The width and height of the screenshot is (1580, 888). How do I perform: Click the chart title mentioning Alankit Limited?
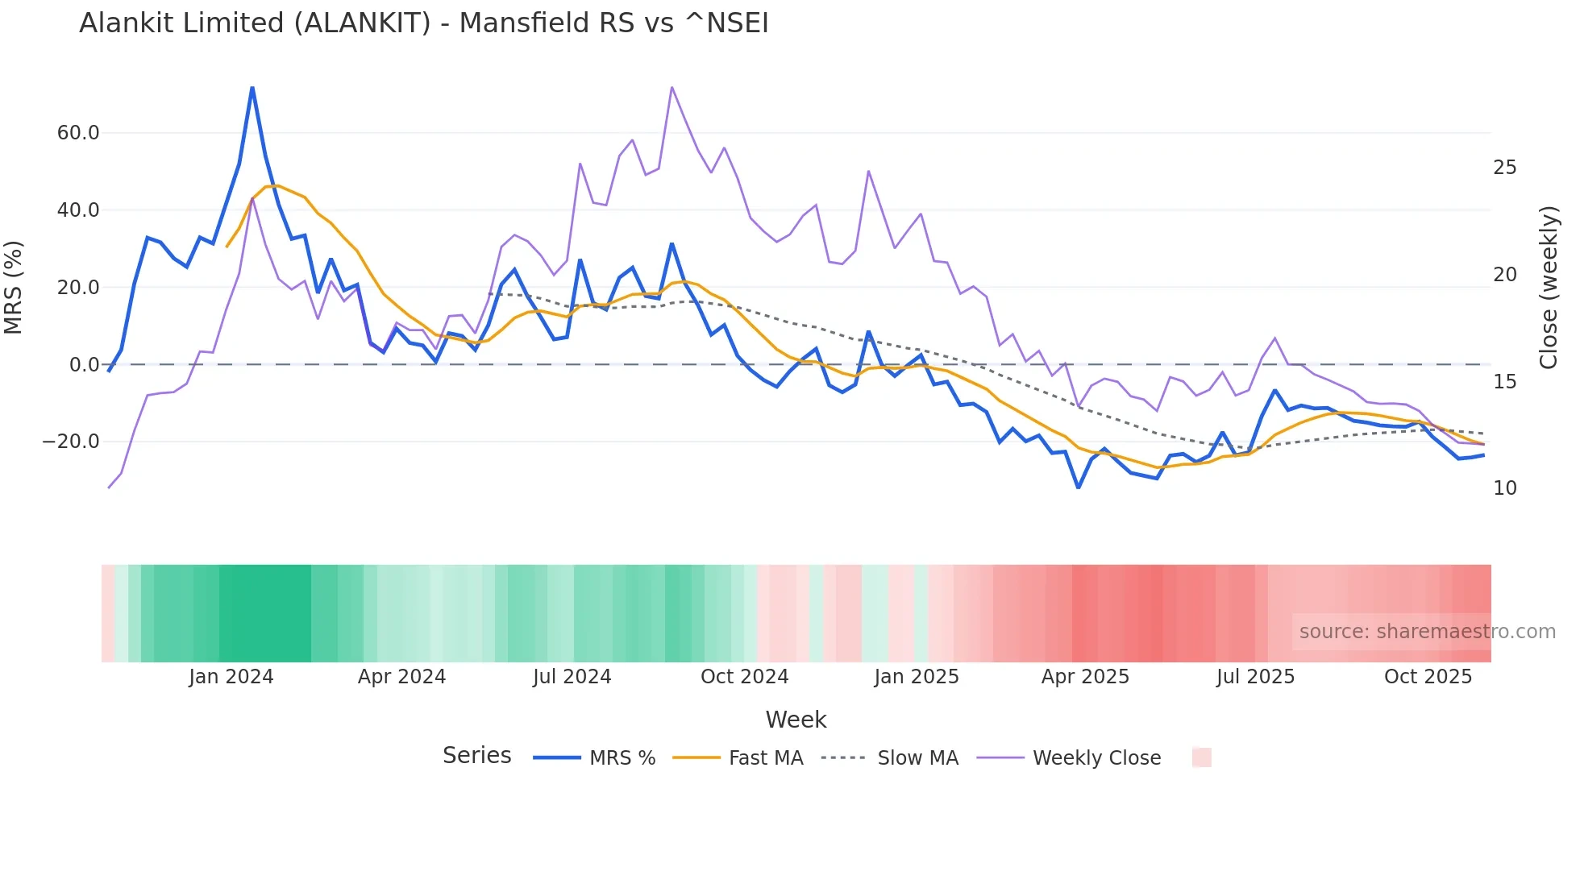[423, 23]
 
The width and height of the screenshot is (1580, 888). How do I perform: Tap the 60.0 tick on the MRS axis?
[78, 133]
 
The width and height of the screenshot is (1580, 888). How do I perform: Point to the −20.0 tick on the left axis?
[71, 442]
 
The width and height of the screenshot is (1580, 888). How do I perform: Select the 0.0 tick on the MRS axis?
[84, 365]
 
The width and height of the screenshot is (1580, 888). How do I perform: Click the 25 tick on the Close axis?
[1504, 168]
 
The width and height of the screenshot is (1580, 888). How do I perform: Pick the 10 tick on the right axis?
[1504, 488]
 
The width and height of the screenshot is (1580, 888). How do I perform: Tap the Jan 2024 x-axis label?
[231, 677]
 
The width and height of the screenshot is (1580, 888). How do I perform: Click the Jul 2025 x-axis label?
[1255, 677]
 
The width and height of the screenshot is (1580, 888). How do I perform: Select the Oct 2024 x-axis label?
[744, 677]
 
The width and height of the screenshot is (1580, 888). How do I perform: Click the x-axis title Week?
[796, 720]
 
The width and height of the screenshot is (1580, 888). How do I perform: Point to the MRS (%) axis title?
[14, 288]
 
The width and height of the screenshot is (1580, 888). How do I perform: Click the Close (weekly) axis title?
[1548, 288]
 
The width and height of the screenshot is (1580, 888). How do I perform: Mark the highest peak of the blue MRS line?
[252, 87]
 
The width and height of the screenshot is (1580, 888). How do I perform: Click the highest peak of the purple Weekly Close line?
[671, 87]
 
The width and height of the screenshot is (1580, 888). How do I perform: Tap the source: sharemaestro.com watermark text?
[1427, 632]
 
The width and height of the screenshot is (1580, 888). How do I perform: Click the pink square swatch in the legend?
[1201, 758]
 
